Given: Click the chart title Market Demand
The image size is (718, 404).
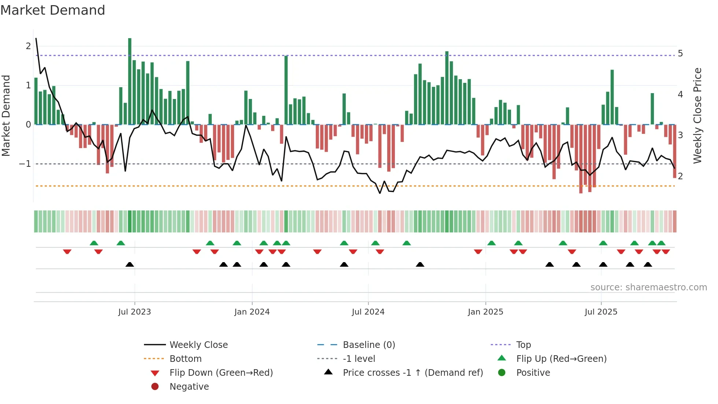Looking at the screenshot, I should pyautogui.click(x=53, y=10).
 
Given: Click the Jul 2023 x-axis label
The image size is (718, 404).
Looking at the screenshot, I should pyautogui.click(x=134, y=312).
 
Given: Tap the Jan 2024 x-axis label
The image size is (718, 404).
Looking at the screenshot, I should pyautogui.click(x=252, y=312).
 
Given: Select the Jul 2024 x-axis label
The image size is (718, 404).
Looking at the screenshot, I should pyautogui.click(x=368, y=312).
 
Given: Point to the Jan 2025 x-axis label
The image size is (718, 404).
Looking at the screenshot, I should pyautogui.click(x=485, y=312).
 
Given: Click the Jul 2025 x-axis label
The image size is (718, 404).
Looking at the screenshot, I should pyautogui.click(x=601, y=312).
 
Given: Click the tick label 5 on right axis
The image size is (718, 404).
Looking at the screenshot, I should pyautogui.click(x=680, y=54).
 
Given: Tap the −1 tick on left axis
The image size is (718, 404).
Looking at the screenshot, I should pyautogui.click(x=25, y=164).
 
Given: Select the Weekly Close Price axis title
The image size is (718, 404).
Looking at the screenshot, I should pyautogui.click(x=697, y=115).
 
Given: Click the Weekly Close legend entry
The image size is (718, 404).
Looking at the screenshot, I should pyautogui.click(x=198, y=345).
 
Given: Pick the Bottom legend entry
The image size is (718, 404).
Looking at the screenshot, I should pyautogui.click(x=185, y=359).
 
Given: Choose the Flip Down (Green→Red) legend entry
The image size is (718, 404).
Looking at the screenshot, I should pyautogui.click(x=221, y=373).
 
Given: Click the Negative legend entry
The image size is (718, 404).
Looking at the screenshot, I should pyautogui.click(x=189, y=387).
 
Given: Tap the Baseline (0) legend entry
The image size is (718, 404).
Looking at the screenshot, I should pyautogui.click(x=369, y=345).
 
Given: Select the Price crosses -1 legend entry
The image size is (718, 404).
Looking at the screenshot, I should pyautogui.click(x=412, y=373).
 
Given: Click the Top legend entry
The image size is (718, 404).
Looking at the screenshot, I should pyautogui.click(x=523, y=345).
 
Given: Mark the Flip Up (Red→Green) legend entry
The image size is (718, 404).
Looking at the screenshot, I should pyautogui.click(x=561, y=359).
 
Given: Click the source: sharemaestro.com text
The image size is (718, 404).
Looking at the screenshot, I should pyautogui.click(x=648, y=287).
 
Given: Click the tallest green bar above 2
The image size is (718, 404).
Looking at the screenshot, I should pyautogui.click(x=130, y=81).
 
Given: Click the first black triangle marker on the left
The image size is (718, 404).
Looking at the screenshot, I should pyautogui.click(x=130, y=264).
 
